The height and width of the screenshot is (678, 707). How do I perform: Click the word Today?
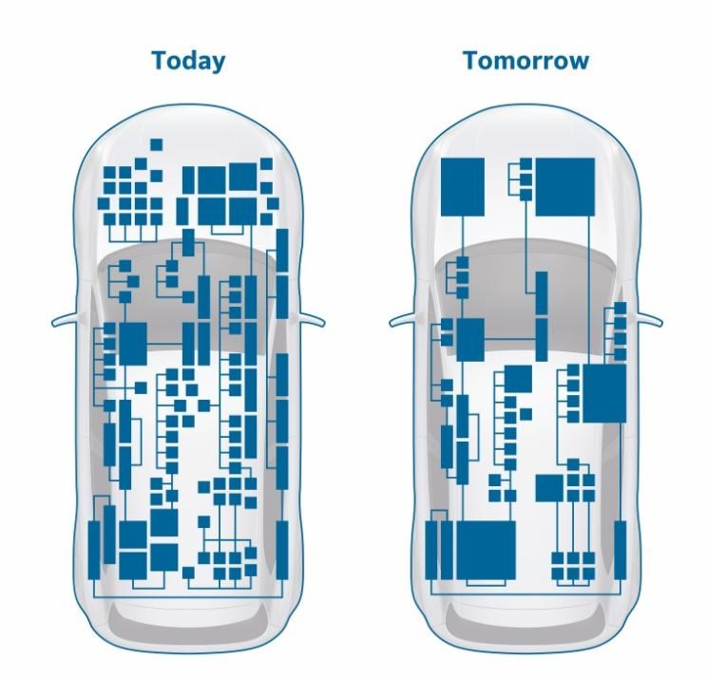188,62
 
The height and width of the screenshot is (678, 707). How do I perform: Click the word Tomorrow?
526,61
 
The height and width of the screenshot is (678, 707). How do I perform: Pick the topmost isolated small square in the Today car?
157,144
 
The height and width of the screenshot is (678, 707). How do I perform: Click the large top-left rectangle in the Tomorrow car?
463,186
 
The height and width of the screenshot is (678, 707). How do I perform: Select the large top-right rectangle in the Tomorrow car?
565,186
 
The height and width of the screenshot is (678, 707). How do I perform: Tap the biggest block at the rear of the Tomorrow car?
487,550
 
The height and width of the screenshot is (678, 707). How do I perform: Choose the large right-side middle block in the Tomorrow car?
604,393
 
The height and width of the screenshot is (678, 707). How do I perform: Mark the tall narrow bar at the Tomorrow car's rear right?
621,550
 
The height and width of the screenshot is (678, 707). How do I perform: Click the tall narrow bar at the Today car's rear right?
282,550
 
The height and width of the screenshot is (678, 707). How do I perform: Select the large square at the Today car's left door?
133,344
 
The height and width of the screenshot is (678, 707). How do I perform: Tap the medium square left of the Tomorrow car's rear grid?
549,488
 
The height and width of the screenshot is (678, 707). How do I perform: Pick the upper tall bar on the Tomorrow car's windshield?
542,292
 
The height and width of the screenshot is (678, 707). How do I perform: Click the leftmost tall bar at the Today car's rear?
94,550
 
